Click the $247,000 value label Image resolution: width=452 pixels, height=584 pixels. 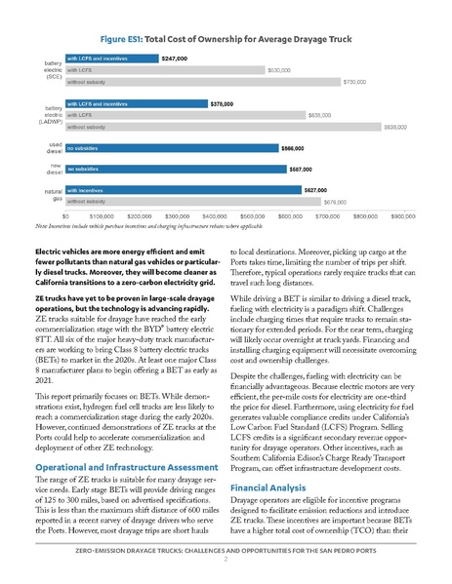(x=175, y=58)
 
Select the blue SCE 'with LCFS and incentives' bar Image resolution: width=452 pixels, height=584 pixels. (x=110, y=58)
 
